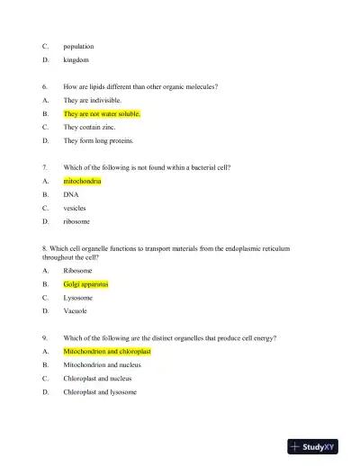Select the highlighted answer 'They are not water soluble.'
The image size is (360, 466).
pyautogui.click(x=102, y=114)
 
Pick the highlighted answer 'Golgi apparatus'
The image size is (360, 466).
pyautogui.click(x=85, y=283)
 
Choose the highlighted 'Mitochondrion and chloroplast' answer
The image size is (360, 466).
pyautogui.click(x=107, y=352)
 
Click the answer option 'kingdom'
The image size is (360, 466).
pyautogui.click(x=76, y=59)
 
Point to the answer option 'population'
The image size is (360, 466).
pyautogui.click(x=78, y=46)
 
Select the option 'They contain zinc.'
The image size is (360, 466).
pyautogui.click(x=89, y=128)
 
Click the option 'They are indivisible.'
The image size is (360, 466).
pyautogui.click(x=92, y=101)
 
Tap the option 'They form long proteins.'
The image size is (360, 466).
pyautogui.click(x=98, y=141)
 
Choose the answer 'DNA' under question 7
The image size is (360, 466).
pyautogui.click(x=71, y=194)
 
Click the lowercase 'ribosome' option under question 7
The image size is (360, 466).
pyautogui.click(x=76, y=221)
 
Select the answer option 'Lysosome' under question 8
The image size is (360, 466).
pyautogui.click(x=77, y=297)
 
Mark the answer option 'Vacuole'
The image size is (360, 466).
pyautogui.click(x=76, y=310)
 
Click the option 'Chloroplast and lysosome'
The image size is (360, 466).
pyautogui.click(x=100, y=392)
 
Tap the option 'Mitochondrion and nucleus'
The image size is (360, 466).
pyautogui.click(x=102, y=365)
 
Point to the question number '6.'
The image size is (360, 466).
pyautogui.click(x=45, y=87)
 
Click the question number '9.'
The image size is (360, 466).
pyautogui.click(x=45, y=338)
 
